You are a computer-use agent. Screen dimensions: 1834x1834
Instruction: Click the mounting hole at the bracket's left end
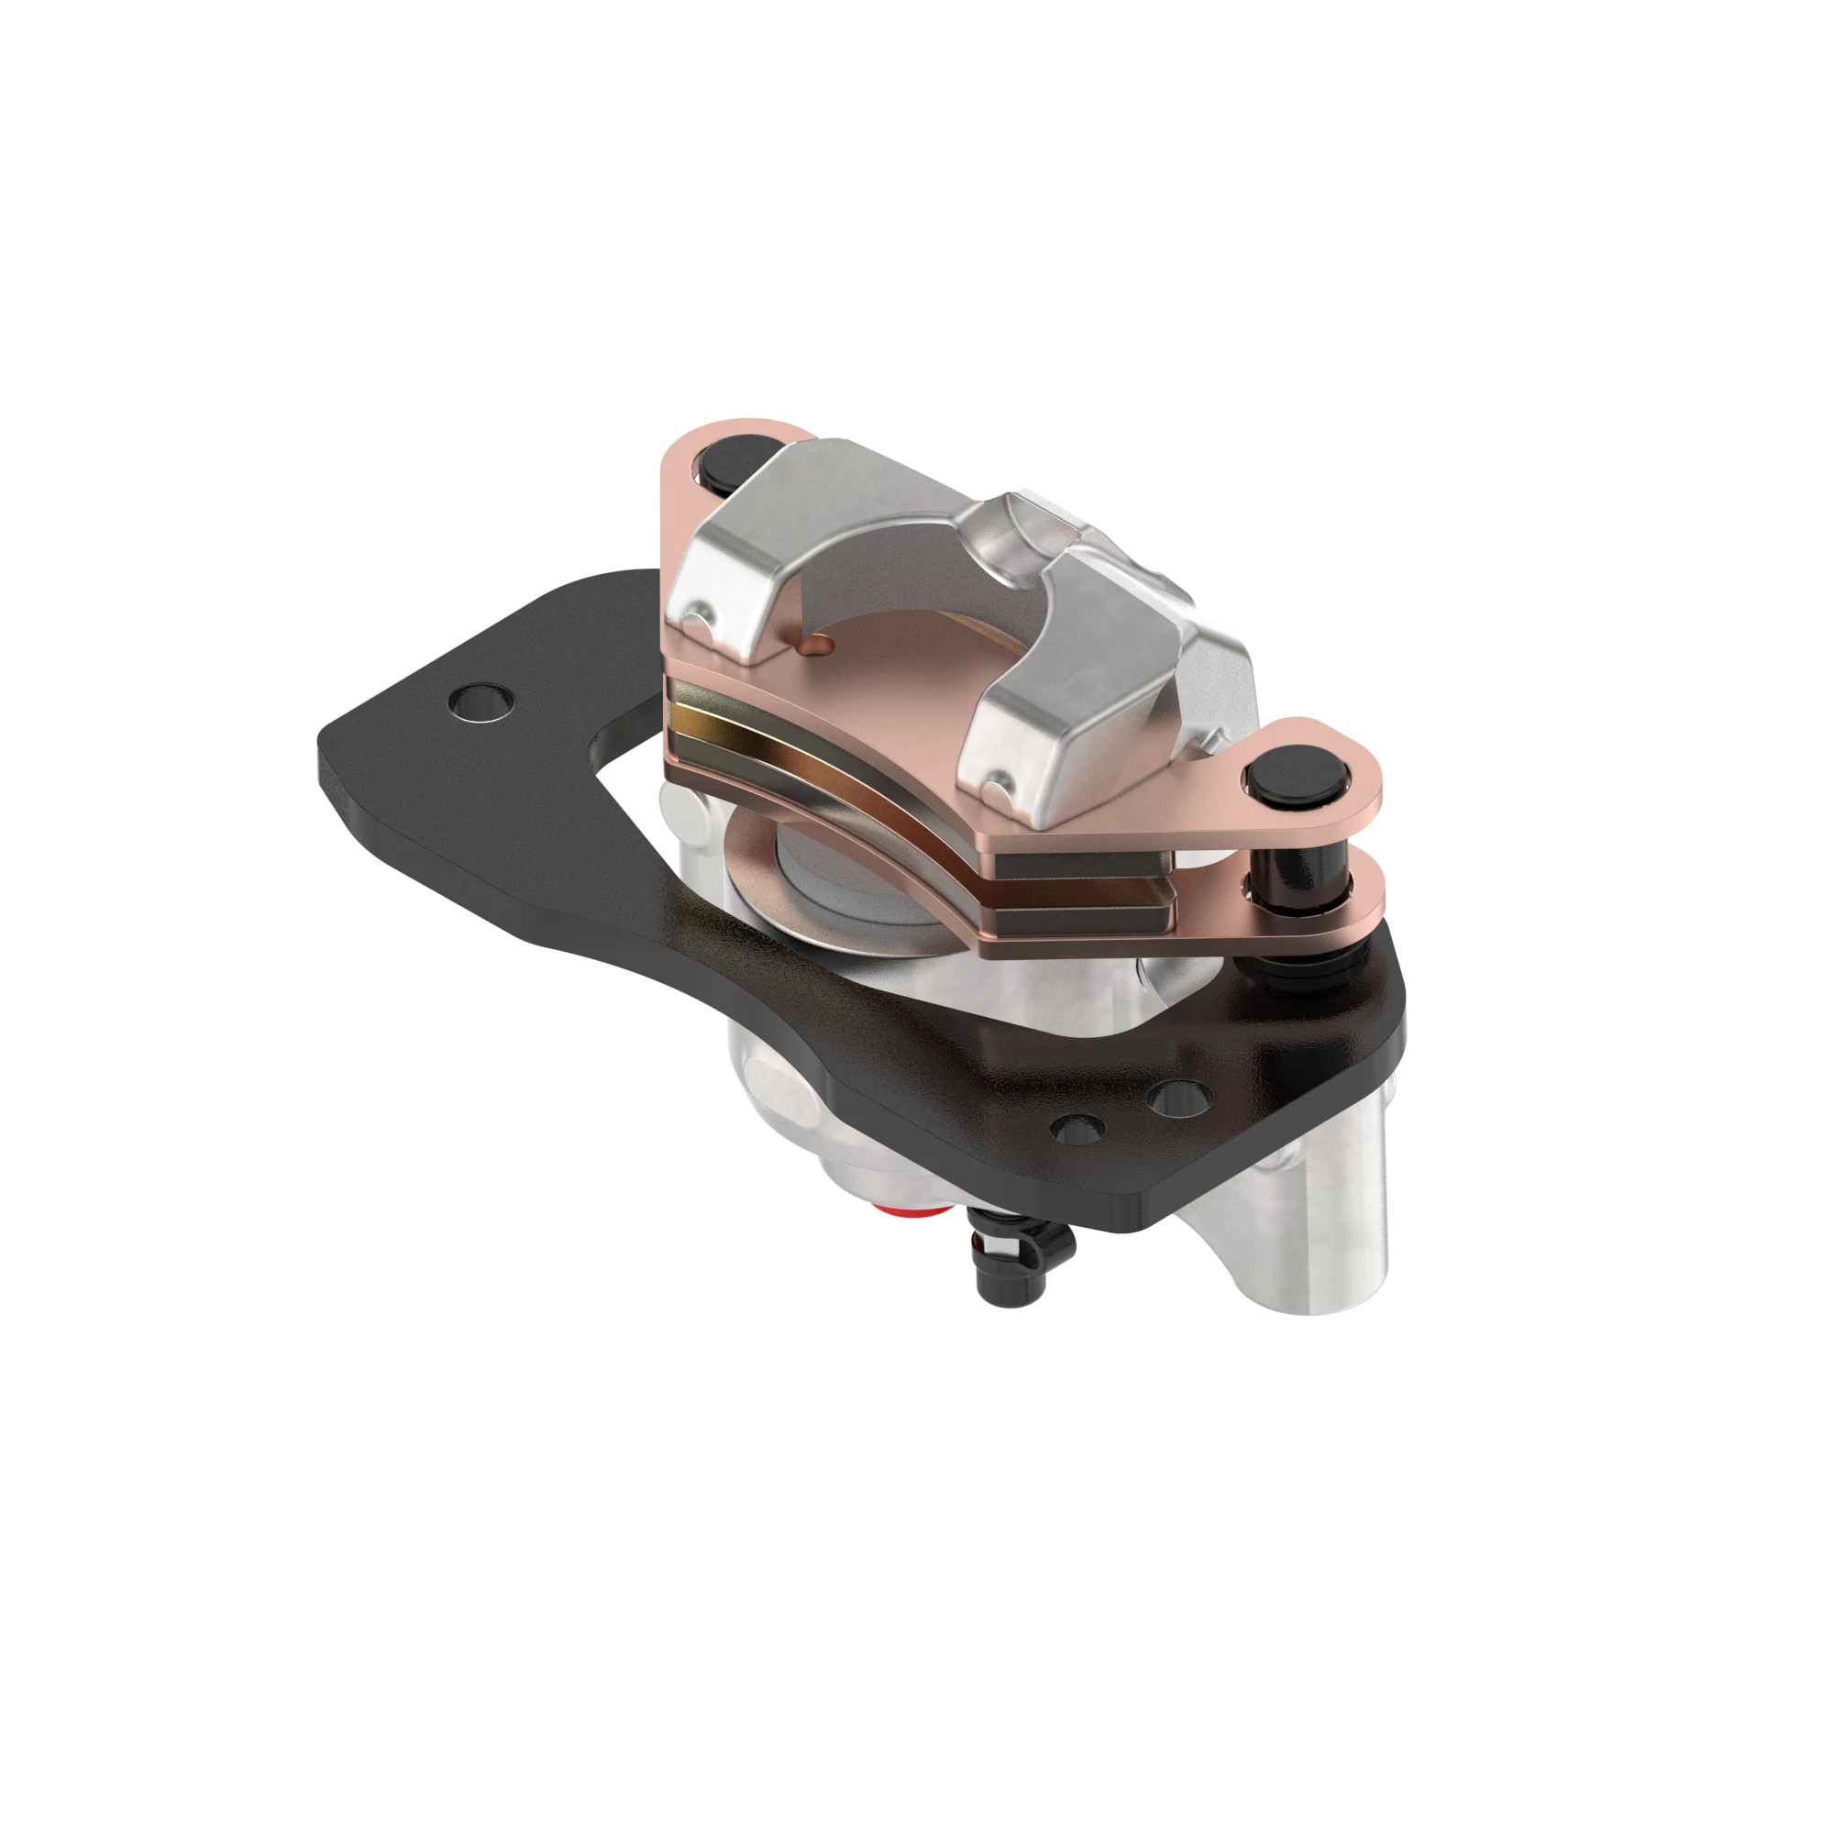pyautogui.click(x=481, y=703)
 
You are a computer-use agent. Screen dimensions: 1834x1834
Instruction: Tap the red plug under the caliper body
pyautogui.click(x=907, y=1213)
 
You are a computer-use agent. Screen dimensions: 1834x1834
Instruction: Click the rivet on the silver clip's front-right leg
pyautogui.click(x=996, y=784)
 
